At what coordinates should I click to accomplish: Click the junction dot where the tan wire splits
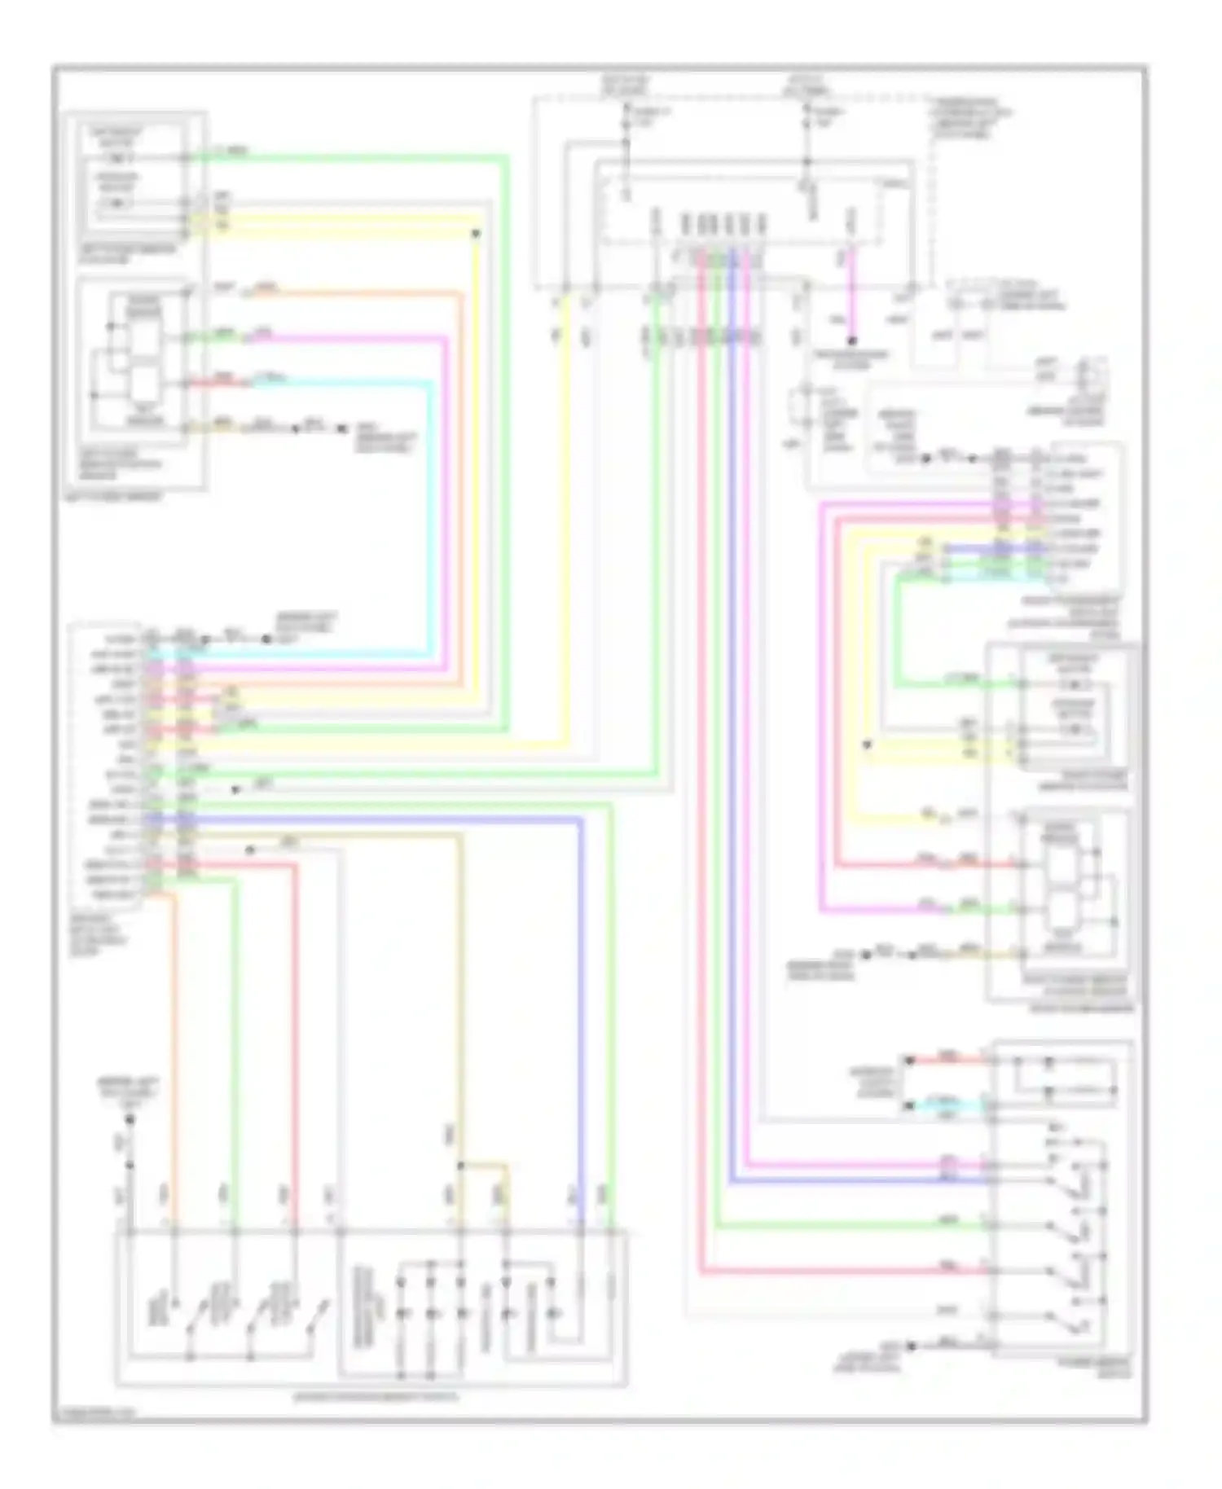click(x=460, y=1166)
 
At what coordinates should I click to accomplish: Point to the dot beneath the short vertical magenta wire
click(x=852, y=340)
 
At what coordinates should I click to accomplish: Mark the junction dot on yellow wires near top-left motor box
click(x=477, y=234)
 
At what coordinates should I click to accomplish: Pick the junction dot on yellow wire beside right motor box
click(x=867, y=744)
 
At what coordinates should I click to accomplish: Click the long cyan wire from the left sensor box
click(x=429, y=505)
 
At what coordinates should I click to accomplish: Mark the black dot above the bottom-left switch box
click(x=129, y=1119)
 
